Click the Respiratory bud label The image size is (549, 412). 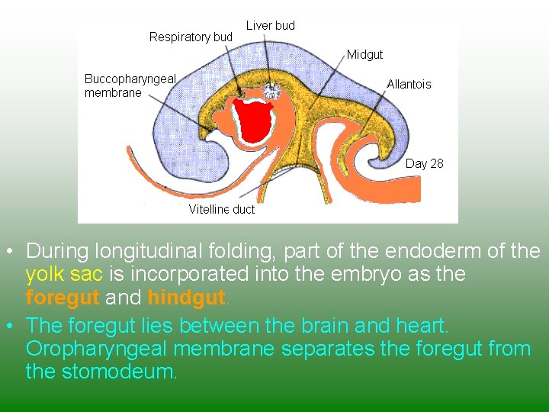click(191, 37)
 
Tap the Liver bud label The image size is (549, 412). click(270, 25)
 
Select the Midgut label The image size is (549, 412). click(364, 54)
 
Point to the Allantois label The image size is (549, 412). click(409, 84)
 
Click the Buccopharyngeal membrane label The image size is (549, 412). click(130, 85)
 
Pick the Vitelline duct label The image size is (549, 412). click(221, 209)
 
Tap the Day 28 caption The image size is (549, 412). click(424, 163)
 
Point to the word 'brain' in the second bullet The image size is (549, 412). click(319, 326)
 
